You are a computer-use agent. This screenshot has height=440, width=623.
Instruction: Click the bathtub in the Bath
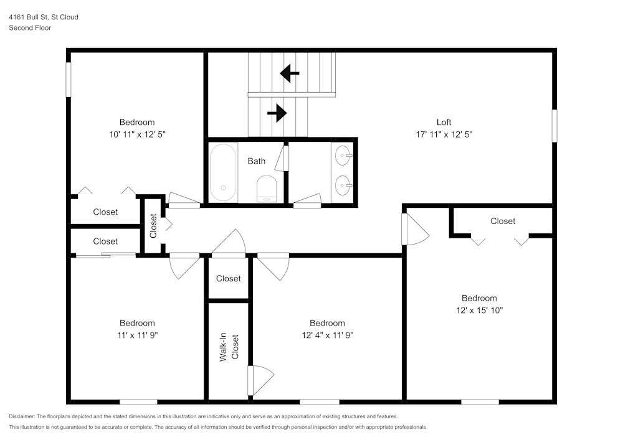(222, 172)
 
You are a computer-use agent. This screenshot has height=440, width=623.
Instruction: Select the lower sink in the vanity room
(342, 185)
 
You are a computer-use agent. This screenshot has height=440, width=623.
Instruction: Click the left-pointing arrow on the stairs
(289, 73)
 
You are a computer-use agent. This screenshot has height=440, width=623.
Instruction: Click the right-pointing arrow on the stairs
(277, 113)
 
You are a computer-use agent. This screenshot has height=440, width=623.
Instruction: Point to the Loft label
(444, 122)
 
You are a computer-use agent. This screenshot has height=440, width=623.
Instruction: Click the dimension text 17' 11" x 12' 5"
(444, 134)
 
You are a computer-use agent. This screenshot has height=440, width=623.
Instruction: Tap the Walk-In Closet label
(228, 349)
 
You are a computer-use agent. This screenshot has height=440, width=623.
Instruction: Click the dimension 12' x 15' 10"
(479, 311)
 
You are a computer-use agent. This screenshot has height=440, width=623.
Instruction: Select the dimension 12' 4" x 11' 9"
(327, 335)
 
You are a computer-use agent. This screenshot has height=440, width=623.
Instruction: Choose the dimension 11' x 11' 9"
(137, 335)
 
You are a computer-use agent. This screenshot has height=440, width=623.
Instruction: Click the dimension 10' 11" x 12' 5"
(137, 134)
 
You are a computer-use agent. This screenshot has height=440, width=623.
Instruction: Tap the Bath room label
(256, 161)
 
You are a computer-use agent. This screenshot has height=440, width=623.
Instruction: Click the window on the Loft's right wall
(554, 126)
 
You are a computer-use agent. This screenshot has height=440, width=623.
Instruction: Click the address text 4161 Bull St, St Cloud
(44, 17)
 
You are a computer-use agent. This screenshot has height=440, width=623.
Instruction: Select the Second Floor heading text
(30, 28)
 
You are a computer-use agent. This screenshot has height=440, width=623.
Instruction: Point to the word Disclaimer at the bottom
(22, 416)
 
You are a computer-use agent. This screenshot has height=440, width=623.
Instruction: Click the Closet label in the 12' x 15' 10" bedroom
(503, 221)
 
